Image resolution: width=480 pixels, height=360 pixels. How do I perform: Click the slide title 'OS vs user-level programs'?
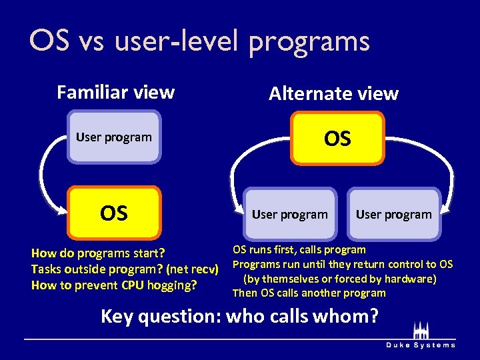click(x=199, y=41)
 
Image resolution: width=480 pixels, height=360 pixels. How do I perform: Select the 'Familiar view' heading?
click(x=115, y=92)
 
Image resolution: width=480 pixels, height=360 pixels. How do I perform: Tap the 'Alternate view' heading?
click(x=333, y=94)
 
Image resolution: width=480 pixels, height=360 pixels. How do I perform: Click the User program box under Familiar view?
click(x=114, y=137)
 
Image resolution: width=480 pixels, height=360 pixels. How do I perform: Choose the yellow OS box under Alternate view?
click(x=337, y=139)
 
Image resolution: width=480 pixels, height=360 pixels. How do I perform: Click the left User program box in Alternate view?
click(x=289, y=215)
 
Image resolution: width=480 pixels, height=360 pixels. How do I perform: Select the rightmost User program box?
click(x=393, y=215)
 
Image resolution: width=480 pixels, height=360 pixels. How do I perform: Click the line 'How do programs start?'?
click(x=98, y=253)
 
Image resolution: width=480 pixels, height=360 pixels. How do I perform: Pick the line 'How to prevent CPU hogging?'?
click(x=114, y=285)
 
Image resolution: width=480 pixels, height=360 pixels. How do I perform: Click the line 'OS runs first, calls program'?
click(x=299, y=250)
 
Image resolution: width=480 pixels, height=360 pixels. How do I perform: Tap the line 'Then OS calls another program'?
click(x=309, y=293)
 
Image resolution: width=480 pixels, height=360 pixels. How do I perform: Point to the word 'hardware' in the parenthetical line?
click(x=411, y=279)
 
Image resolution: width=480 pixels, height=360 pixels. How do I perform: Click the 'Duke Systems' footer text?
click(x=421, y=345)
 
